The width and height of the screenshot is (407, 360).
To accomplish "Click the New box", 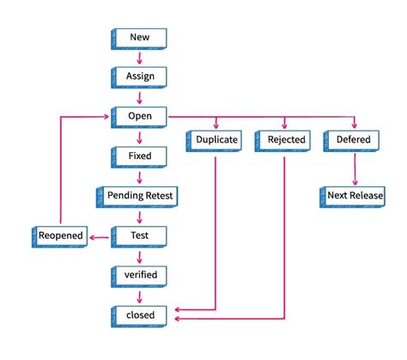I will (x=139, y=38).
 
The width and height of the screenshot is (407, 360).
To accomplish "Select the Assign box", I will (x=139, y=76).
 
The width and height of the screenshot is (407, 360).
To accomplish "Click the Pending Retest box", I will (x=139, y=195).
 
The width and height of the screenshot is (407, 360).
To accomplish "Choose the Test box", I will (x=139, y=235).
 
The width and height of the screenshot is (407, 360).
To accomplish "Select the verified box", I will (x=139, y=275).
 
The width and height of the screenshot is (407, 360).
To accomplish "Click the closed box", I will (x=139, y=314).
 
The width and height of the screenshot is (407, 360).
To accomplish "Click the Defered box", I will (x=353, y=140).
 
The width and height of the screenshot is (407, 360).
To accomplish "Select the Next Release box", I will (x=353, y=195).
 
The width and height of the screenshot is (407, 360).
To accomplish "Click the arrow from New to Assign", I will (x=139, y=58).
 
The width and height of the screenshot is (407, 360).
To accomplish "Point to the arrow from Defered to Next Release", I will (x=353, y=168).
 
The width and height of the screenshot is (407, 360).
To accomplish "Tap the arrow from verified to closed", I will (x=139, y=295).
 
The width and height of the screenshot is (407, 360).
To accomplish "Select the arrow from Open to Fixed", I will (x=139, y=136).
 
